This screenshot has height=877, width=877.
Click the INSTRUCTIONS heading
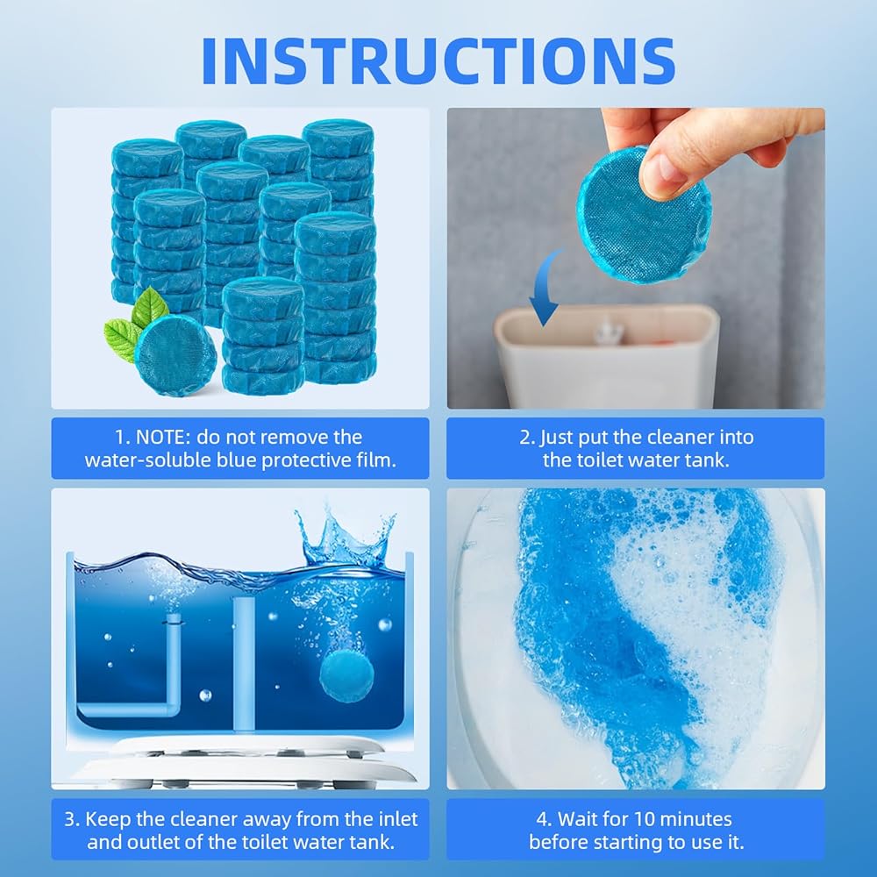click(438, 61)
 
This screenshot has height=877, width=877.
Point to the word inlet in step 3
click(396, 819)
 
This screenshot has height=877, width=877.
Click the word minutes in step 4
click(695, 819)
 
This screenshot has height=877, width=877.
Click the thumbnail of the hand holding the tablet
click(635, 258)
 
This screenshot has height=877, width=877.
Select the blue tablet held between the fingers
click(643, 216)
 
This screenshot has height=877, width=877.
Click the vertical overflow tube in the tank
click(244, 663)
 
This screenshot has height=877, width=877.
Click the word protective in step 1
click(306, 460)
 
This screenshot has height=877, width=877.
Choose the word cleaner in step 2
click(681, 438)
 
